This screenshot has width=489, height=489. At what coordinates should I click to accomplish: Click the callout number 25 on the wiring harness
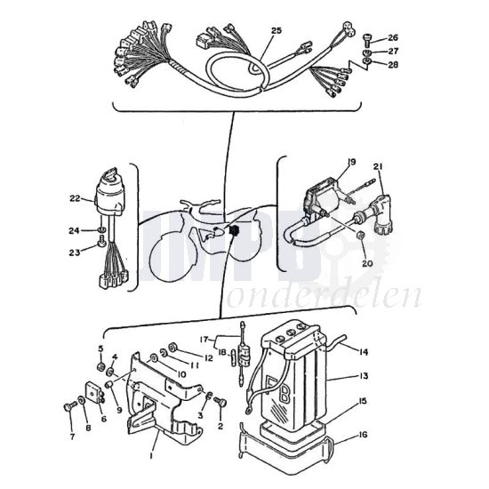[276, 30]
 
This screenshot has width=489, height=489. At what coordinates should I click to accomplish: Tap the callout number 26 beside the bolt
[393, 38]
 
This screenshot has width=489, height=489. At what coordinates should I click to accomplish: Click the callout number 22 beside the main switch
[75, 197]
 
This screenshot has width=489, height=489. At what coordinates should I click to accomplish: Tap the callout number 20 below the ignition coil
[365, 263]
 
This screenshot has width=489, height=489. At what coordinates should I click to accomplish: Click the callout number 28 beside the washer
[393, 64]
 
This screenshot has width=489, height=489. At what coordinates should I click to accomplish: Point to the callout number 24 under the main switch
[75, 231]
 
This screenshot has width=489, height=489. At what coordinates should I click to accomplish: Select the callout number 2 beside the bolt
[220, 425]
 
